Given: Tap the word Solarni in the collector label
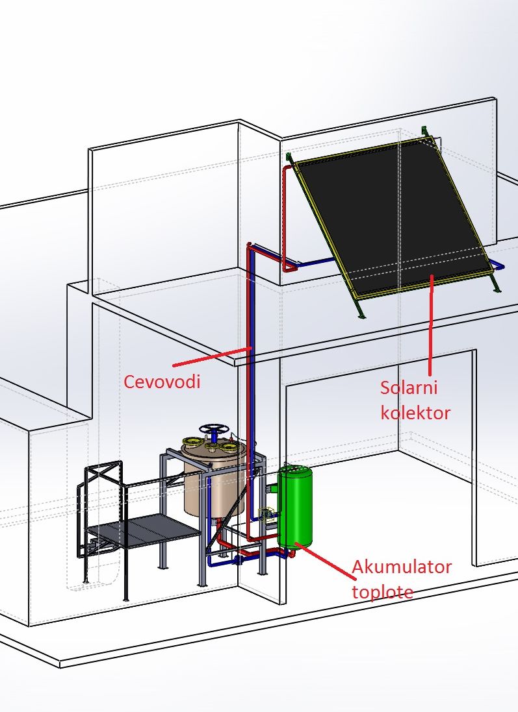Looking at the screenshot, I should coord(409,389).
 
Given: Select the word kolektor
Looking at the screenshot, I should coord(415,412).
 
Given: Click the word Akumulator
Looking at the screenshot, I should coord(401,567).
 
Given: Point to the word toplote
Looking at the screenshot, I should coord(383,591).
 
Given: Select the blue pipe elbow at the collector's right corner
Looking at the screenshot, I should coord(497,265).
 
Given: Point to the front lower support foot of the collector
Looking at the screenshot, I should coord(359,312).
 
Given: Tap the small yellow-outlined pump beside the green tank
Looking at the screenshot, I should coord(266,515).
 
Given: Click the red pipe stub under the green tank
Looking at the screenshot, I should coord(291,554).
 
